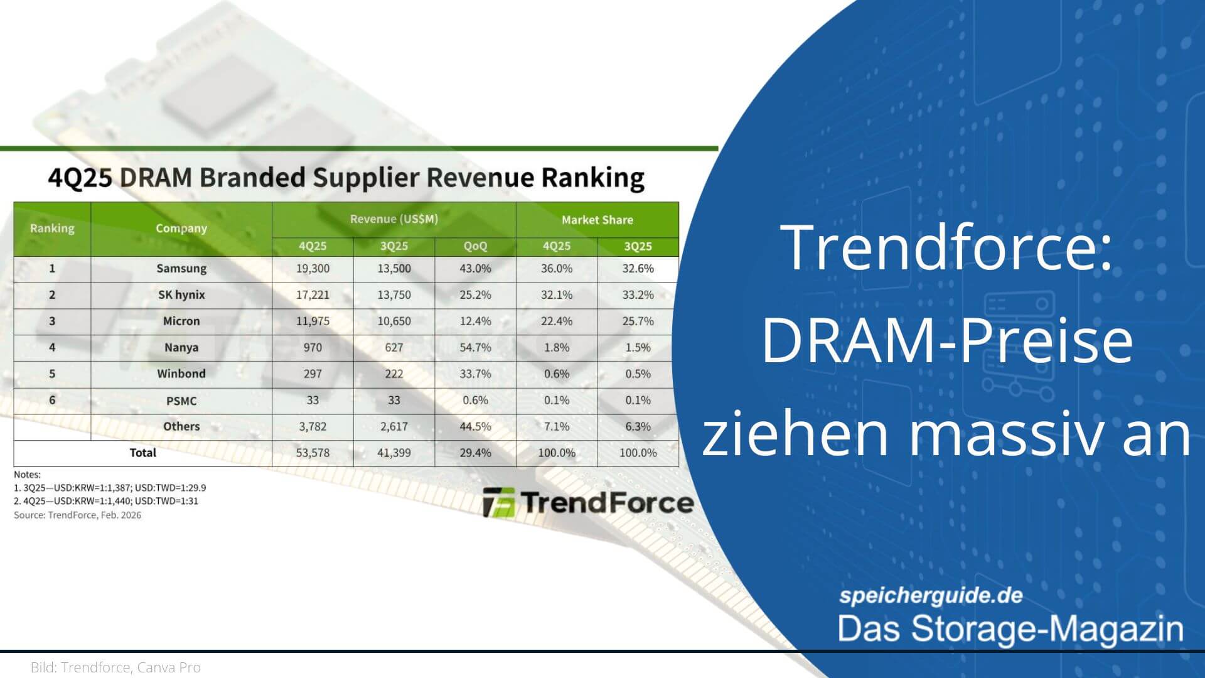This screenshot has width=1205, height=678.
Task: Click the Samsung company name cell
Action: pyautogui.click(x=181, y=269)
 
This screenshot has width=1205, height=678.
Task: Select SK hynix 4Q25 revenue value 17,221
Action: pyautogui.click(x=313, y=295)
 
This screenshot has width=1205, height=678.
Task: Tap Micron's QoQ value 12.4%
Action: pyautogui.click(x=475, y=321)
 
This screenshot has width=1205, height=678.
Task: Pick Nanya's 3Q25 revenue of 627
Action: pyautogui.click(x=394, y=348)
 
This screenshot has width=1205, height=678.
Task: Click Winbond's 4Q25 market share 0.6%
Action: pyautogui.click(x=557, y=374)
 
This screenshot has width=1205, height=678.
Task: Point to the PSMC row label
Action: pyautogui.click(x=181, y=401)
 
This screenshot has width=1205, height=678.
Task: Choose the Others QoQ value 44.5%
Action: pyautogui.click(x=475, y=427)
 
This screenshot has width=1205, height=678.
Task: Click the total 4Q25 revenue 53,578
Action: pyautogui.click(x=313, y=453)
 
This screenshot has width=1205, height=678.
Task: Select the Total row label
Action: pyautogui.click(x=142, y=453)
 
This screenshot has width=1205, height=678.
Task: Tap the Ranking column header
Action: pyautogui.click(x=52, y=229)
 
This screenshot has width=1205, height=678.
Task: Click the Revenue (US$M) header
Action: pyautogui.click(x=394, y=219)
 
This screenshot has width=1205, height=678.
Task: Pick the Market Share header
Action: pyautogui.click(x=597, y=220)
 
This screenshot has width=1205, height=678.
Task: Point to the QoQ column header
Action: pyautogui.click(x=475, y=246)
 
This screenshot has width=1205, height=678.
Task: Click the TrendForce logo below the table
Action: pyautogui.click(x=589, y=502)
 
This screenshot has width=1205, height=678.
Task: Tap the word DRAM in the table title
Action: pyautogui.click(x=156, y=178)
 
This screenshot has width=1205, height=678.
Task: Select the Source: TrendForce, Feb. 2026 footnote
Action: pyautogui.click(x=78, y=515)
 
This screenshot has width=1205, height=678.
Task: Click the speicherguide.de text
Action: pyautogui.click(x=931, y=595)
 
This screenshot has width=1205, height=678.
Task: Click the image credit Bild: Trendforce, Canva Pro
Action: pyautogui.click(x=115, y=667)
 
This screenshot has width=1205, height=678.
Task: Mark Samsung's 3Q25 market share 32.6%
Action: pyautogui.click(x=638, y=269)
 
